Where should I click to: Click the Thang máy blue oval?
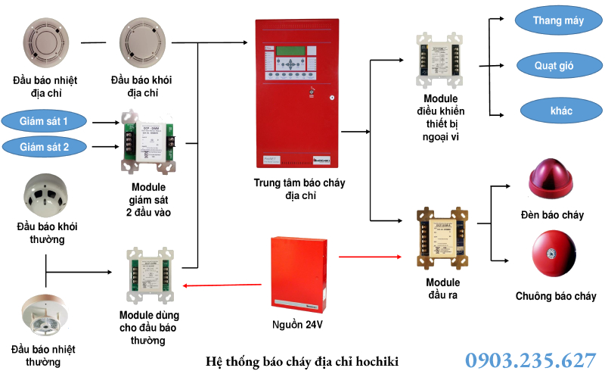[x=557, y=20]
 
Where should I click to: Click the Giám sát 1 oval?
[x=44, y=121]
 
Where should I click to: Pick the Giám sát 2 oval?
[x=44, y=146]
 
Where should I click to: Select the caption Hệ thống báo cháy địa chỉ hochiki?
[x=302, y=360]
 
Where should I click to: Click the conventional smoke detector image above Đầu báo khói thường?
[x=45, y=194]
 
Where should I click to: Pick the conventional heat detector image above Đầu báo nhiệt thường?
[x=43, y=314]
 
